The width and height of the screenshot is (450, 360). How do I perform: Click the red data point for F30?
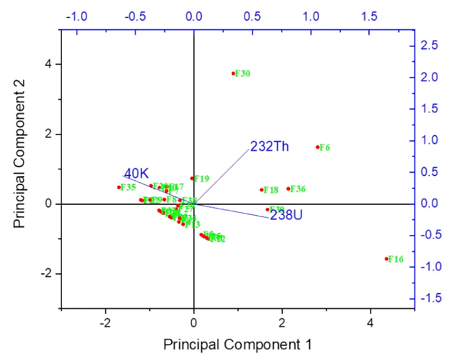233,73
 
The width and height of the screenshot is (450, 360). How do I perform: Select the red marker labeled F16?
386,259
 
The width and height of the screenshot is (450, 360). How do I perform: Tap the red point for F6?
318,147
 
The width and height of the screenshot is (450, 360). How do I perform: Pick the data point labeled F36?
289,189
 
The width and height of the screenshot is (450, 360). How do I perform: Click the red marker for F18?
262,190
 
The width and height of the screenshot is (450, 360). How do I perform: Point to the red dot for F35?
119,187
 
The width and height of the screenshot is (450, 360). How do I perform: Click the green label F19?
201,179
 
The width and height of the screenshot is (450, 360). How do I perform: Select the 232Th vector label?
269,147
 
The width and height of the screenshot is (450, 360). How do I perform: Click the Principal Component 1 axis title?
237,343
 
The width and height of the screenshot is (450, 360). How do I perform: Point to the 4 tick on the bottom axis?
370,323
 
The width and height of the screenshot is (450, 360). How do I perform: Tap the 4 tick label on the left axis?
49,64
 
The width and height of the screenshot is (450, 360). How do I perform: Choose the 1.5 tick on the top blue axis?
370,16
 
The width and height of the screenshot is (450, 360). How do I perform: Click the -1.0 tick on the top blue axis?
76,16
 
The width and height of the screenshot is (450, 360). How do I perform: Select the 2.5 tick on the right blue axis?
430,46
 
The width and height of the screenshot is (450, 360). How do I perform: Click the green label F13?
192,224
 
